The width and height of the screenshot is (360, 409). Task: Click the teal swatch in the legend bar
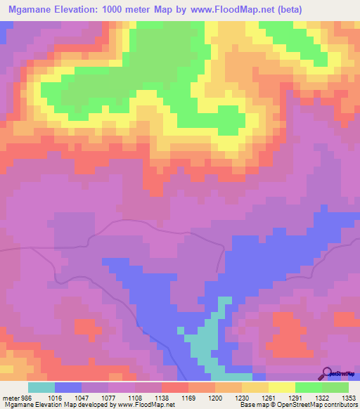41,387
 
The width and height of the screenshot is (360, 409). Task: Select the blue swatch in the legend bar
68,387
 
